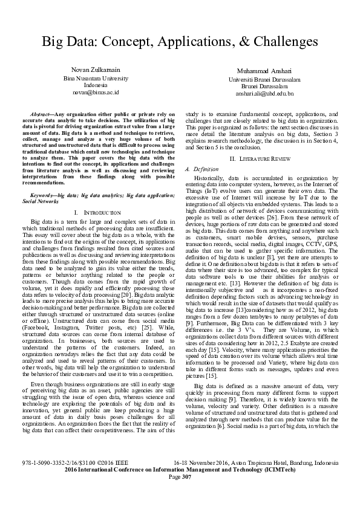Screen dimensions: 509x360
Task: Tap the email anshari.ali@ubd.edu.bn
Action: pos(264,94)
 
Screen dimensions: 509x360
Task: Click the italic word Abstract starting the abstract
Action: pos(42,114)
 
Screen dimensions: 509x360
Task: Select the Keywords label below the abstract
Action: pos(43,195)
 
